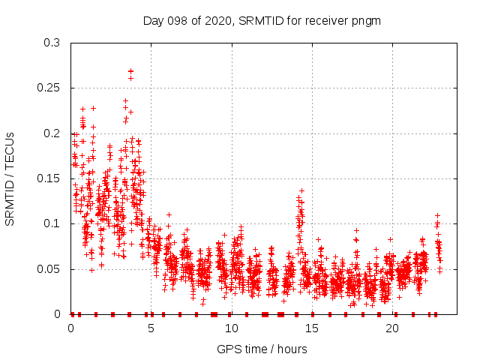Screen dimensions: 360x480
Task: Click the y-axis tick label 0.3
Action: [x=53, y=43]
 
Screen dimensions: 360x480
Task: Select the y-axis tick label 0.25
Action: [x=50, y=88]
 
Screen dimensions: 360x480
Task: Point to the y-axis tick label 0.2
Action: [x=53, y=133]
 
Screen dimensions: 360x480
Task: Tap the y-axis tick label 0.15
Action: [x=50, y=178]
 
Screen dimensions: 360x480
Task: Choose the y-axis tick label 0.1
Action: [x=53, y=223]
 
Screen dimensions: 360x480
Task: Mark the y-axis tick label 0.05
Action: [x=50, y=268]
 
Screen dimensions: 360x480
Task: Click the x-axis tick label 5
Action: [x=151, y=328]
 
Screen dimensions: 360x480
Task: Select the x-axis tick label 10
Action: [x=232, y=328]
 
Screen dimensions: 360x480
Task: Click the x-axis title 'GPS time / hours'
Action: [x=262, y=349]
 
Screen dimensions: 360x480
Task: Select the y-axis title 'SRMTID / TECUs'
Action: [x=10, y=178]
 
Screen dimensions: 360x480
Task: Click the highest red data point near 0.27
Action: [x=130, y=71]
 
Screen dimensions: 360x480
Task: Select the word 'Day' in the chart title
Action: [x=153, y=20]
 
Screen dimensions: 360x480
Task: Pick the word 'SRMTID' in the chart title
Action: [x=259, y=20]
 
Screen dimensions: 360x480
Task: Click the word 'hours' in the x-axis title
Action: [x=290, y=349]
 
